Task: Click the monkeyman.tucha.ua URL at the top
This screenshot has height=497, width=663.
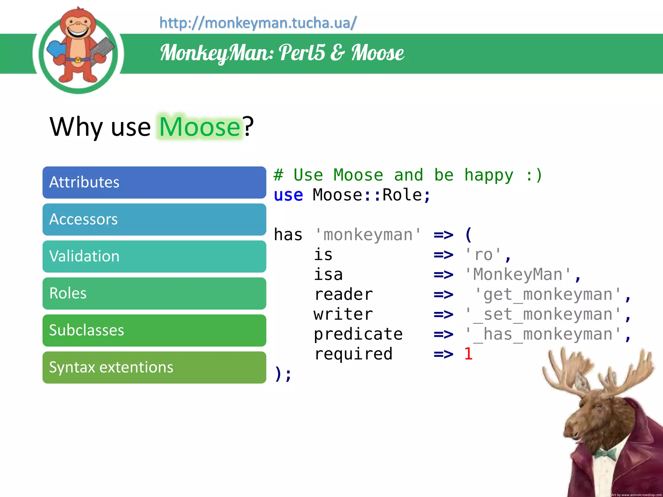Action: pos(258,23)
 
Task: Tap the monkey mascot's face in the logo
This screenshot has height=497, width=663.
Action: pos(78,28)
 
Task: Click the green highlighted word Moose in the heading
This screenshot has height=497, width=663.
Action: pos(200,127)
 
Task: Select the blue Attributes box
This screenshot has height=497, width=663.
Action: pos(154,182)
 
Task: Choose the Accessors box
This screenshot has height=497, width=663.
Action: pos(154,219)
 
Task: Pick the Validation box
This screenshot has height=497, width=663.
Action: pos(154,256)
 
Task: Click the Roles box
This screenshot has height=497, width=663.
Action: pos(154,293)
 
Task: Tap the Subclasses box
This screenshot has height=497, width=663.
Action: pos(154,330)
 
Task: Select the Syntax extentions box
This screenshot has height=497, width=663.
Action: pos(154,367)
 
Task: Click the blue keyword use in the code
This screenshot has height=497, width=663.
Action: pos(288,195)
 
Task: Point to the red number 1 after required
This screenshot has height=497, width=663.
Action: pos(468,354)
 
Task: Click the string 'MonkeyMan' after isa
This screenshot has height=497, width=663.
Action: pos(518,275)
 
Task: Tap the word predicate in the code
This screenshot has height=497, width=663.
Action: pos(358,334)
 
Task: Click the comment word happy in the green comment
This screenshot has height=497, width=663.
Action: pos(489,176)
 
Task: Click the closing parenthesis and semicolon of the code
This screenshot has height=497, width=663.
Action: pos(283,374)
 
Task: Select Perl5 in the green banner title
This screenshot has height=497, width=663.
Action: pos(302,53)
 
